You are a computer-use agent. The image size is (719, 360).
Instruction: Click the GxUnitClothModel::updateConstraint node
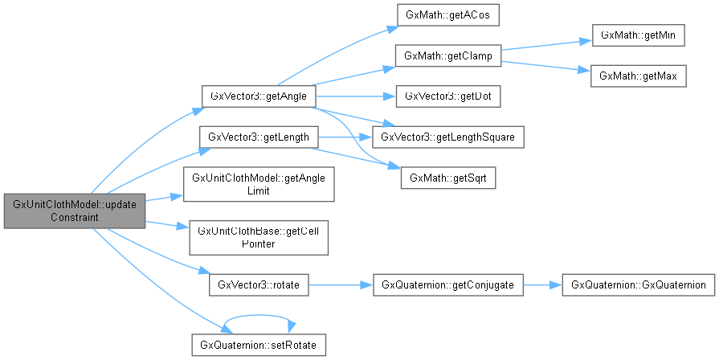[x=75, y=211]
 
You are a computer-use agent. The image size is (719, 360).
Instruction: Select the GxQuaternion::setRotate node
[x=259, y=345]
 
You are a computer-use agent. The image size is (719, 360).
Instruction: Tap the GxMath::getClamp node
[x=447, y=55]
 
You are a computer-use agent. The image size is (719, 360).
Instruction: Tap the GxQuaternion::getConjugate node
[x=448, y=285]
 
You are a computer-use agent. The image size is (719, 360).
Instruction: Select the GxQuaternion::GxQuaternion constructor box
[x=638, y=285]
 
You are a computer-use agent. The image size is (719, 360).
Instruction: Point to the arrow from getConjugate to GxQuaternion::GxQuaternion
[x=542, y=285]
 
